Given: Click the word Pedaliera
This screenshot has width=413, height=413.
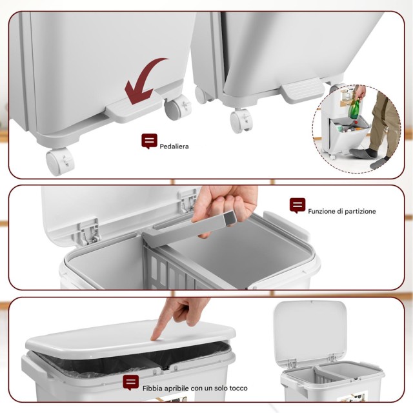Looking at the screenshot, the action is [174, 146].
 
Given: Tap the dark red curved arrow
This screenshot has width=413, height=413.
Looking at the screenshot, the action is [143, 79].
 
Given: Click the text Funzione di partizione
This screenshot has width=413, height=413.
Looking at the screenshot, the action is [341, 211].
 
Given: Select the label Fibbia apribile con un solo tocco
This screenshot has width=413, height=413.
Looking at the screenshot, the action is [195, 388].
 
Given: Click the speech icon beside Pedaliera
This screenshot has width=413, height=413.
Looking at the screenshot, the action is [149, 141].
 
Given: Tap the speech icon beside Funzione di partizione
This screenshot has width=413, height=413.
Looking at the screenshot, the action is [297, 205].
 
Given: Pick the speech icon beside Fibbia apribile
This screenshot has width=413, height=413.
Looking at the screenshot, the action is [130, 383].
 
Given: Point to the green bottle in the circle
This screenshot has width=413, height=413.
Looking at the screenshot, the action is [354, 108].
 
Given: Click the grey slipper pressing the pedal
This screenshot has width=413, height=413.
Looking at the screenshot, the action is [360, 153].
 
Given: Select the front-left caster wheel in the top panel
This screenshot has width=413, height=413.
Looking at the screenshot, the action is [59, 161].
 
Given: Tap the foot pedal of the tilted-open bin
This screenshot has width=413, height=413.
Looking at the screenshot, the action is [303, 90].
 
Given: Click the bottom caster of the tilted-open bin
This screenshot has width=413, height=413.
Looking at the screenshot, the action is [241, 121].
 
